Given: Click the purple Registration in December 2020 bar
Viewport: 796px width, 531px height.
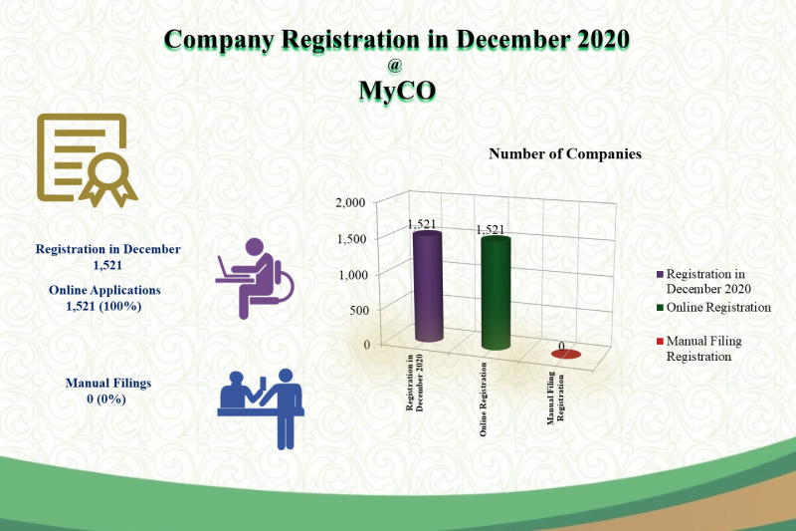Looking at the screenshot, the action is (428, 286).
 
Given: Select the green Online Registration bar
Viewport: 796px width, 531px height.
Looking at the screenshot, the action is (496, 293).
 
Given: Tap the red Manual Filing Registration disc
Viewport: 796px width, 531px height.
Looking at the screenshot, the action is (566, 355).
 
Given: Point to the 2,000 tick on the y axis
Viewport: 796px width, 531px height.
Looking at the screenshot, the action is (350, 203).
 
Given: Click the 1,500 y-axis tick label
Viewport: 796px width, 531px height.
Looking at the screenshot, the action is (352, 239).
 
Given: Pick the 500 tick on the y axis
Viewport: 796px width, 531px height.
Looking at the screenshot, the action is (359, 310).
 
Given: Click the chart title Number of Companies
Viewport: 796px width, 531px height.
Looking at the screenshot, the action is (565, 154).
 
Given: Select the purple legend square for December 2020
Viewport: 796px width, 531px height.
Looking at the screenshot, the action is (660, 274).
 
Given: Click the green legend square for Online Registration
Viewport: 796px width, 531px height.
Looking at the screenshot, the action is (660, 308).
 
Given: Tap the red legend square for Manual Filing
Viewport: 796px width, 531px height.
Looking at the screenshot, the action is (660, 341).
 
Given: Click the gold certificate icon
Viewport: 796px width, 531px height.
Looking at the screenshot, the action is (87, 160).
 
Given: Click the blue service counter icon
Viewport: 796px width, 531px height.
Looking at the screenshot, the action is (261, 409).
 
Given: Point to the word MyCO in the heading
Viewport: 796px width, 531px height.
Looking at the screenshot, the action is (397, 91).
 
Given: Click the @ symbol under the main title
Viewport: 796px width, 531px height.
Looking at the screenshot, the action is (394, 65).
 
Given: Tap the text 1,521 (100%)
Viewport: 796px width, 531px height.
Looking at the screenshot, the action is (103, 306).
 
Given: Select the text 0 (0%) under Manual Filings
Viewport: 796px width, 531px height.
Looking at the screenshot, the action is (106, 398).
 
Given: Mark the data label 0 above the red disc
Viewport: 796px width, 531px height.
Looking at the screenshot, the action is (561, 346).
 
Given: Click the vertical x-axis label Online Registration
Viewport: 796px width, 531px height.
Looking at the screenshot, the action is (484, 399).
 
